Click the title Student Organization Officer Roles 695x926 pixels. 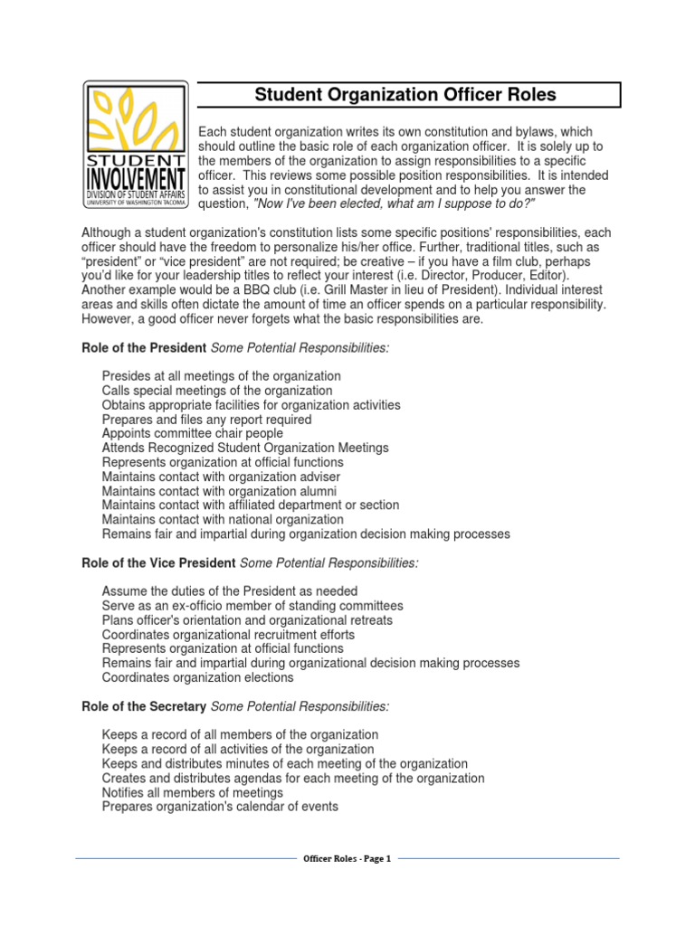click(405, 95)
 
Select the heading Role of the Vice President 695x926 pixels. click(158, 563)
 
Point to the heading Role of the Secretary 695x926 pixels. click(144, 705)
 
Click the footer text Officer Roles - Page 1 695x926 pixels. click(347, 859)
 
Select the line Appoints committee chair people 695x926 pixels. click(192, 433)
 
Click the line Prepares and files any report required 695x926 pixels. click(206, 420)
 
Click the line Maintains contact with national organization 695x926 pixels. click(223, 520)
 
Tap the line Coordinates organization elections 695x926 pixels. click(197, 677)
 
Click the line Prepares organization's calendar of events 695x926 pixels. click(220, 807)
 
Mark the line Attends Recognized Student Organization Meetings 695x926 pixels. click(245, 448)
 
